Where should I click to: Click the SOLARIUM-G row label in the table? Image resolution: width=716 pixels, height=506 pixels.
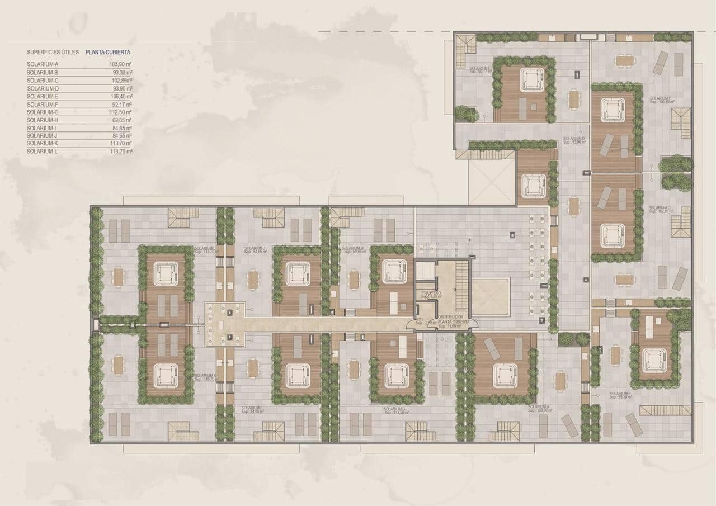(x=43, y=112)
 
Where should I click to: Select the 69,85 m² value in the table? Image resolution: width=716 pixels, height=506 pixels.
(x=121, y=120)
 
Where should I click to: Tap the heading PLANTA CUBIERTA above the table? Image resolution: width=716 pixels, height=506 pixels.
(x=108, y=52)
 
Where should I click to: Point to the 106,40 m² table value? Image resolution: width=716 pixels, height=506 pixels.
(x=121, y=96)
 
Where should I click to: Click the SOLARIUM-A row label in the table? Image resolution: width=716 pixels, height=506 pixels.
(x=43, y=64)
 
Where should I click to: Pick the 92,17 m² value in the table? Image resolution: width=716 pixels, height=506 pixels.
(x=121, y=104)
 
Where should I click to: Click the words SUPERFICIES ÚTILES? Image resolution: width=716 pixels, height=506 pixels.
(x=53, y=52)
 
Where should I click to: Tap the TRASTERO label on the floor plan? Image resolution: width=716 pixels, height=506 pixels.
(x=432, y=293)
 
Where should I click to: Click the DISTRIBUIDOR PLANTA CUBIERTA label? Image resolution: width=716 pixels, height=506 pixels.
(x=453, y=319)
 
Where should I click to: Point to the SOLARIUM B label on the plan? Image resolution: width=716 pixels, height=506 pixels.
(x=620, y=394)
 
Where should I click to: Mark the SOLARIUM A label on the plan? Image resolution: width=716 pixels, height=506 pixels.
(x=539, y=407)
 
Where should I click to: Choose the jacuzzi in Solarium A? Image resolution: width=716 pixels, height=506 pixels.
(x=505, y=375)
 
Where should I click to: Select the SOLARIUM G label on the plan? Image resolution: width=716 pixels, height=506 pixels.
(x=395, y=409)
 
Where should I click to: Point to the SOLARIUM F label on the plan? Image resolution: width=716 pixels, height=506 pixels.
(x=481, y=69)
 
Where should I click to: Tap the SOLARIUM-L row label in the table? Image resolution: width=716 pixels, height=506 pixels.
(x=43, y=152)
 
